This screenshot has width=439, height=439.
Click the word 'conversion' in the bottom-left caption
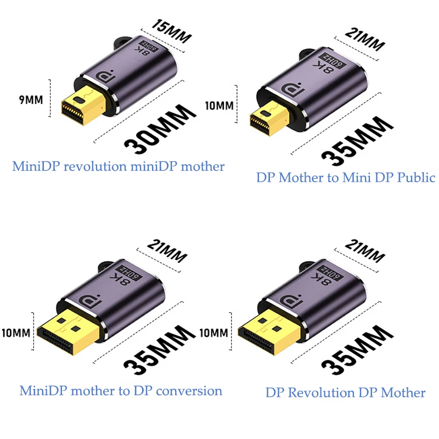(189, 391)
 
